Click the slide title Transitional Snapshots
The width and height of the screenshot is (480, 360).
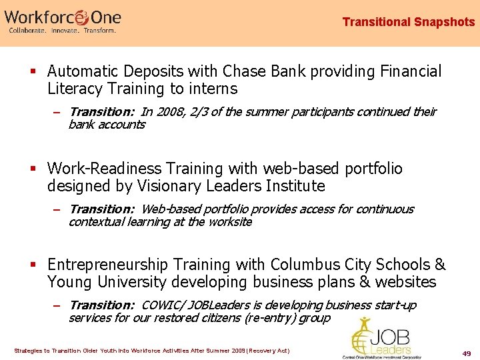[x=408, y=22]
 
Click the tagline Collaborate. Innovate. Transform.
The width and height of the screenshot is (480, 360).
[x=62, y=31]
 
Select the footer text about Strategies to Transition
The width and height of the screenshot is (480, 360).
[x=152, y=351]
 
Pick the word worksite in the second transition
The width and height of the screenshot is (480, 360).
[x=229, y=222]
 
